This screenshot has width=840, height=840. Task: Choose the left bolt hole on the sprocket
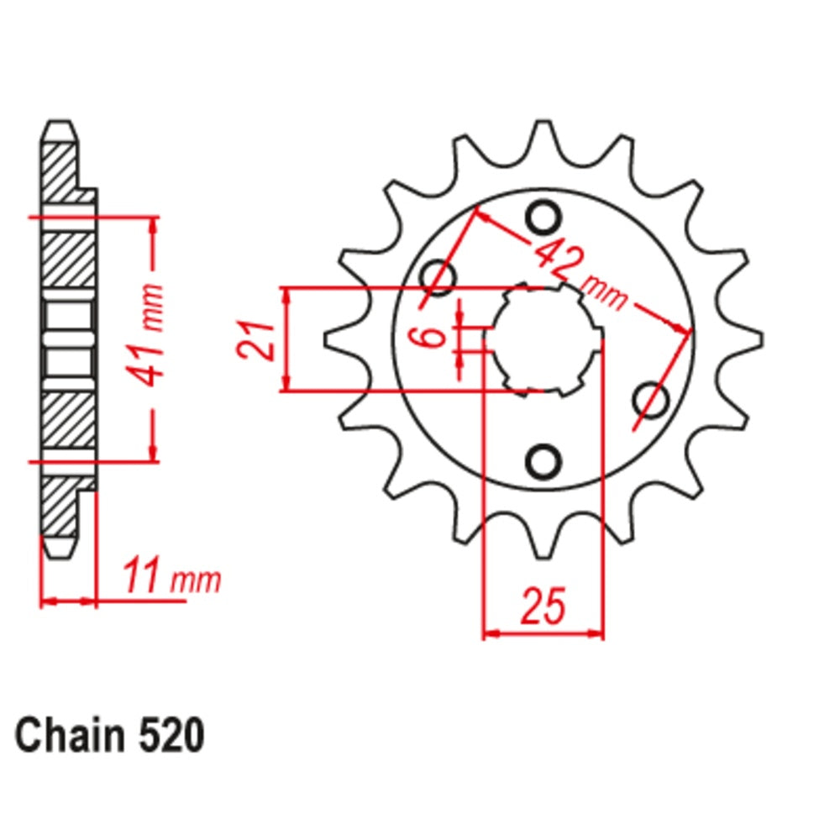click(x=438, y=275)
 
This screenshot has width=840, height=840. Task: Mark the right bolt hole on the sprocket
click(x=648, y=398)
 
